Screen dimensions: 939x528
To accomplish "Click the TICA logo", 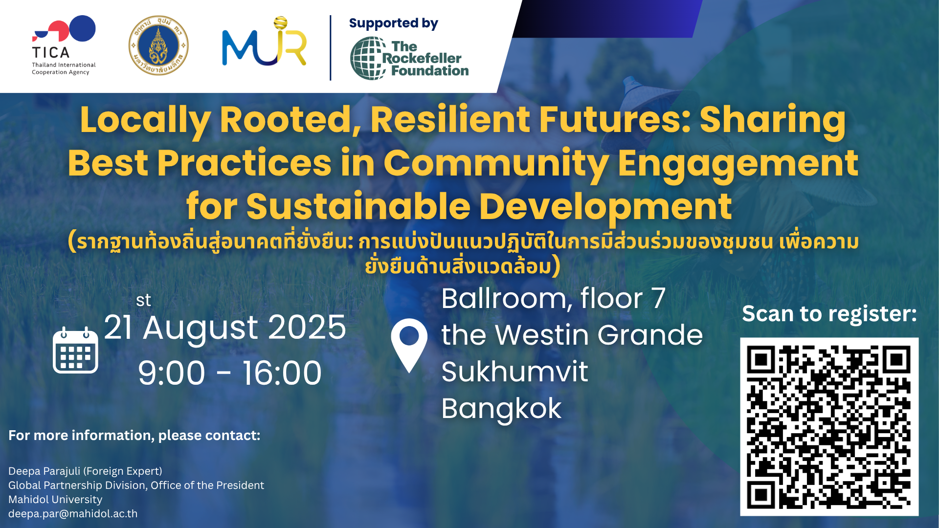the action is click(64, 45).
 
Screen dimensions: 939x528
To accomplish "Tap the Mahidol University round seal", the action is click(158, 45).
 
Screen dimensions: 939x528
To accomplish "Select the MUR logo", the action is click(264, 42).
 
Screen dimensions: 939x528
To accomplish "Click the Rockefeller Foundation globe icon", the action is click(368, 58).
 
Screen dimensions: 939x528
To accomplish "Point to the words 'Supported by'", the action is click(394, 23).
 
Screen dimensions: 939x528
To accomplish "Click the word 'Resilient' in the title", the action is click(450, 120).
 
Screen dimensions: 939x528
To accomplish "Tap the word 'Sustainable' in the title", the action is click(358, 206).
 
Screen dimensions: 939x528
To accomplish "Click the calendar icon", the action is click(75, 350).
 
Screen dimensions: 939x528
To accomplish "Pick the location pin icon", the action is click(409, 345).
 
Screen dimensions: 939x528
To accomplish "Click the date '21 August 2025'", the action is click(225, 328).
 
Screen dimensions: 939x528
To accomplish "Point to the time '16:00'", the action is click(282, 373).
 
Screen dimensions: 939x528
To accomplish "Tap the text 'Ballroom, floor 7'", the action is click(554, 299).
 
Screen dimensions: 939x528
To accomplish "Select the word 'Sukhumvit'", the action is click(514, 372).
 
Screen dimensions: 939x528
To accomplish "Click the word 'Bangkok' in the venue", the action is click(501, 409).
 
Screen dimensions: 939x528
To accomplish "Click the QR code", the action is click(829, 426).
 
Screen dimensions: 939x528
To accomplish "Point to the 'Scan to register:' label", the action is click(829, 314).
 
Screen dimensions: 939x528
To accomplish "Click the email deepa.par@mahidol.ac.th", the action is click(73, 514).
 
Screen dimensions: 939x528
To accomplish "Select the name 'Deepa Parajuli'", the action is click(45, 471).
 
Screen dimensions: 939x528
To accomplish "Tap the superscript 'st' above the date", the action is click(143, 300).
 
